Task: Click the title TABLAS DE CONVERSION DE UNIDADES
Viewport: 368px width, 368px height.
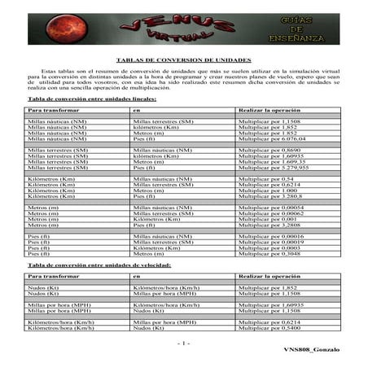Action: [183, 60]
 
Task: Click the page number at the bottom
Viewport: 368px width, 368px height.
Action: [184, 343]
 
